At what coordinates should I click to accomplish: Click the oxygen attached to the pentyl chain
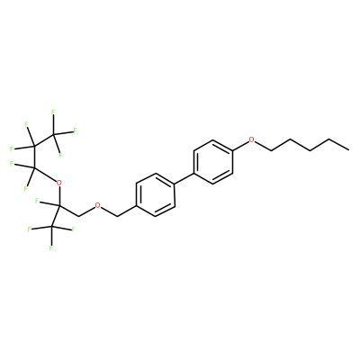[251, 139]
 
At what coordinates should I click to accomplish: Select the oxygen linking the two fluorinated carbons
[59, 183]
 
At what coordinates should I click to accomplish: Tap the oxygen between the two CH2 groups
[97, 205]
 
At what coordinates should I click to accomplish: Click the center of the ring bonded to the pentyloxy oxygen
[213, 162]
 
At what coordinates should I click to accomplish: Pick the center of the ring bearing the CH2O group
[156, 194]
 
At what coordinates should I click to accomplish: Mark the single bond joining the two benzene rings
[184, 178]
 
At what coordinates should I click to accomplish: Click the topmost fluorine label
[53, 112]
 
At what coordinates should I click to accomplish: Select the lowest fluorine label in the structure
[51, 248]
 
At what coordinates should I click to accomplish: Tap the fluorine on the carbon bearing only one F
[37, 200]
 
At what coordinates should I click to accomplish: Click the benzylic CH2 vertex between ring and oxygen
[117, 216]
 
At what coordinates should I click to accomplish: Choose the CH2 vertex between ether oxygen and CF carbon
[78, 216]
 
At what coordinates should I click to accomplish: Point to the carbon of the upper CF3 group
[53, 135]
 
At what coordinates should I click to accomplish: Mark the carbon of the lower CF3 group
[51, 228]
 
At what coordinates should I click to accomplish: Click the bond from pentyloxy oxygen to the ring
[240, 145]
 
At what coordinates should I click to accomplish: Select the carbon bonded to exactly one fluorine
[59, 205]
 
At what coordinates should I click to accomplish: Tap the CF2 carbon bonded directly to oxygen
[33, 169]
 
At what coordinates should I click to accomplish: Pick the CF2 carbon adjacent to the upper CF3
[33, 147]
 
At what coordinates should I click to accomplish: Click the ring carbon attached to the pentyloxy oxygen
[232, 150]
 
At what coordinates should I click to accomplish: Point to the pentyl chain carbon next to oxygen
[271, 150]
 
